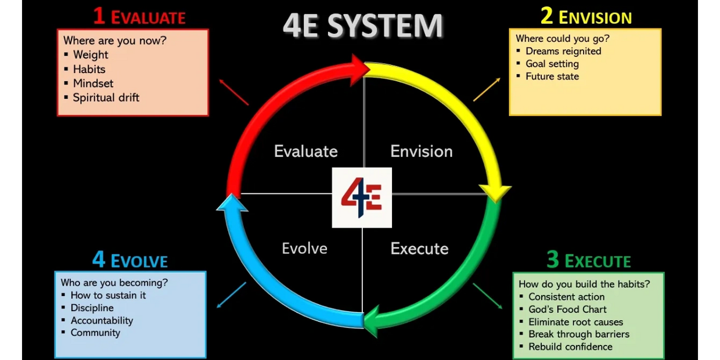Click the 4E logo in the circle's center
tap(362, 197)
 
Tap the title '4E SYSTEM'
tap(363, 26)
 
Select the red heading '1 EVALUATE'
tap(139, 16)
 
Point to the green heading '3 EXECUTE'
tap(588, 260)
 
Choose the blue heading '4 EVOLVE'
tap(130, 260)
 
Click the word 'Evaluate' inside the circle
tap(305, 152)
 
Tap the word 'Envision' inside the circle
tap(421, 152)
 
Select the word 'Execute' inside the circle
tap(419, 249)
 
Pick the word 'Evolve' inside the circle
tap(304, 249)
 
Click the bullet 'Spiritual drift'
tap(106, 98)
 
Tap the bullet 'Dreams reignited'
tap(563, 51)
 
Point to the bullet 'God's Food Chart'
tap(567, 309)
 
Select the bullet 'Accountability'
tap(102, 321)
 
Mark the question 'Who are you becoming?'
tap(114, 283)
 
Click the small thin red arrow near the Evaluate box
tap(233, 92)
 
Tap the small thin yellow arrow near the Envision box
tap(487, 89)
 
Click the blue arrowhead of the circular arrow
tap(232, 203)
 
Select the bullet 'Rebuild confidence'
tap(570, 347)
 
